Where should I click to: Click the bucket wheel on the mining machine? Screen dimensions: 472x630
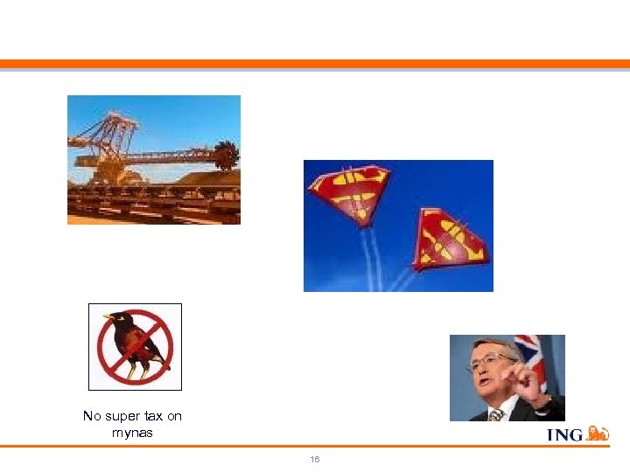tap(226, 156)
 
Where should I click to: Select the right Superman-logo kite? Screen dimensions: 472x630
tap(450, 239)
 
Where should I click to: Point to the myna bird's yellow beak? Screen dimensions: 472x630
tap(107, 317)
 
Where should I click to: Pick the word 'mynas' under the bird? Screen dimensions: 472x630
tap(132, 432)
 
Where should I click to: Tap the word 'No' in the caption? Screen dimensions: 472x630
tap(91, 416)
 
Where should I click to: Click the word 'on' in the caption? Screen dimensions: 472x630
tap(174, 416)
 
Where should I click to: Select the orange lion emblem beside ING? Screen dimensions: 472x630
tap(597, 433)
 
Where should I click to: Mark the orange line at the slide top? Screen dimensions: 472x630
tap(315, 63)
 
